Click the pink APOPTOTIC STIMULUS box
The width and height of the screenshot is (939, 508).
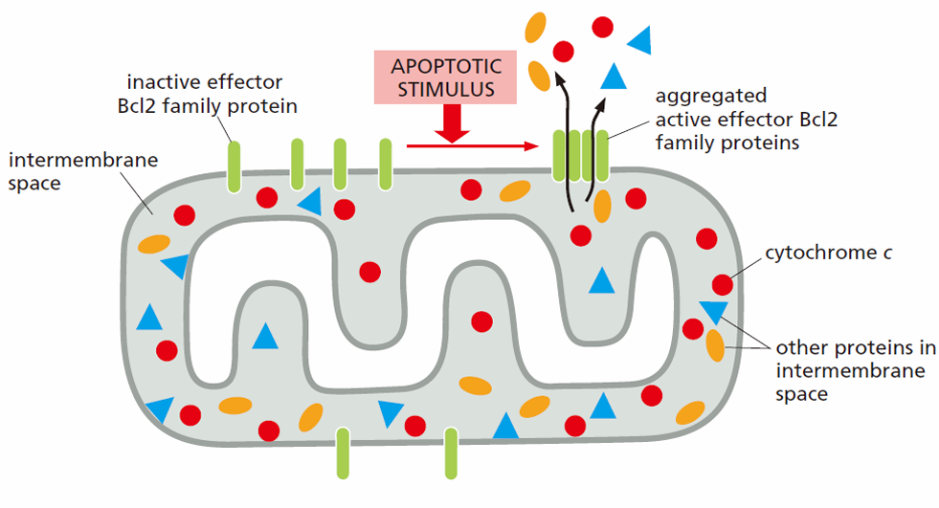click(445, 77)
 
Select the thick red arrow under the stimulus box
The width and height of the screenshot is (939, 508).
click(452, 123)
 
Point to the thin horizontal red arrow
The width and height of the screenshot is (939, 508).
click(473, 145)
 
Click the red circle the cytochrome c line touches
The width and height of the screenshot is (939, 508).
click(723, 285)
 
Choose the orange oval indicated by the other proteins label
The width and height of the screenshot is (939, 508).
click(715, 346)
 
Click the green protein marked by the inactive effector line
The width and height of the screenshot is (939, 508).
click(235, 166)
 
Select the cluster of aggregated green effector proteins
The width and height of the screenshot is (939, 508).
click(580, 156)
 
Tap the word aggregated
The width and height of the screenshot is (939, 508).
click(711, 97)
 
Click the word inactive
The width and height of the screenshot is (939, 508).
click(159, 81)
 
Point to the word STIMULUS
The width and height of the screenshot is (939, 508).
click(446, 89)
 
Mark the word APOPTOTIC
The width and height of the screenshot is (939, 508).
click(446, 66)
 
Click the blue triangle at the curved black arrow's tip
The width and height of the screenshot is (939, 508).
click(614, 77)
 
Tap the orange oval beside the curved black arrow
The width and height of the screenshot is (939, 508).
click(602, 206)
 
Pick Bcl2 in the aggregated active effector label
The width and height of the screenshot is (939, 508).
click(819, 120)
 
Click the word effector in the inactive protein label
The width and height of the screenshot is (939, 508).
click(241, 81)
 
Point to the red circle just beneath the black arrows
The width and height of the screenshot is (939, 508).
click(580, 235)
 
